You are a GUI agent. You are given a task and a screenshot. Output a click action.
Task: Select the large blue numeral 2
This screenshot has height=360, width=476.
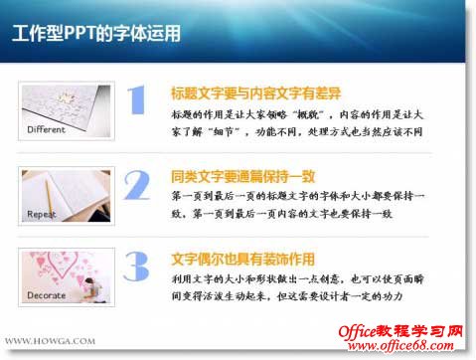[136, 186]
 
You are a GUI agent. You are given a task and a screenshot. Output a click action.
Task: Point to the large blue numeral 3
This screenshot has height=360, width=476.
[136, 267]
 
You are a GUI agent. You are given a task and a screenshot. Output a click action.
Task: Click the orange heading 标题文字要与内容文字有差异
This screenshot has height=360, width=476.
[256, 93]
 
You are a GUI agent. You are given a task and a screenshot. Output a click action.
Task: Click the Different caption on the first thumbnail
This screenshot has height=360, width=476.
[47, 129]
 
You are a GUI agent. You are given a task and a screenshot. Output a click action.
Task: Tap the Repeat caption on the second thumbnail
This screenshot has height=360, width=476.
[43, 213]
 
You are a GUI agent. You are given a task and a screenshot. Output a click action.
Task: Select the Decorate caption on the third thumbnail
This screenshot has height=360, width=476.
[47, 295]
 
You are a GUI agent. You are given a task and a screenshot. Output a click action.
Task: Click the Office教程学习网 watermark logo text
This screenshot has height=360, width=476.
[402, 329]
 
